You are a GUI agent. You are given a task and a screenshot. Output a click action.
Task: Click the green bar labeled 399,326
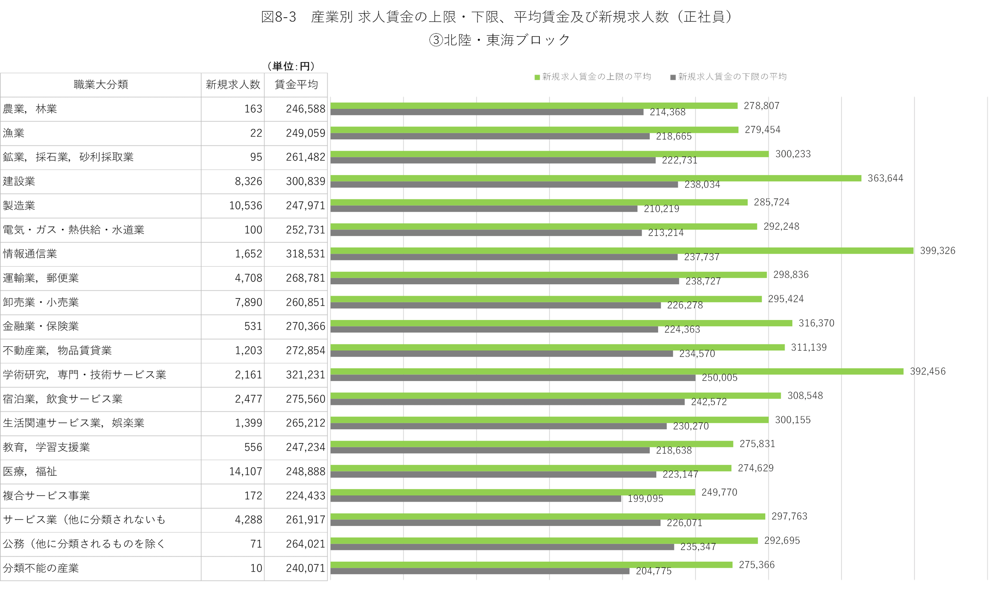[x=621, y=251]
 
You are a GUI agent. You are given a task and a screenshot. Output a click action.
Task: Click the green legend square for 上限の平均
[x=537, y=77]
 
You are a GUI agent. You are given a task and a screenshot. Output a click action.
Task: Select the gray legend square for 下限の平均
[x=673, y=77]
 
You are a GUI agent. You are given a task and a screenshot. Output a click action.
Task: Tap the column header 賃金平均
[x=296, y=84]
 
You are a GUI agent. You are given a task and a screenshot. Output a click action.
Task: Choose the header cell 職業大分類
[x=101, y=84]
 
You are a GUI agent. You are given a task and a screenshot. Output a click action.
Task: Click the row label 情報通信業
[x=30, y=254]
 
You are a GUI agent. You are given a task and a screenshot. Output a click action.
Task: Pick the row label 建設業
[x=19, y=181]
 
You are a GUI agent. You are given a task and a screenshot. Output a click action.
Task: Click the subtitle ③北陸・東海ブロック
[x=499, y=40]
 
